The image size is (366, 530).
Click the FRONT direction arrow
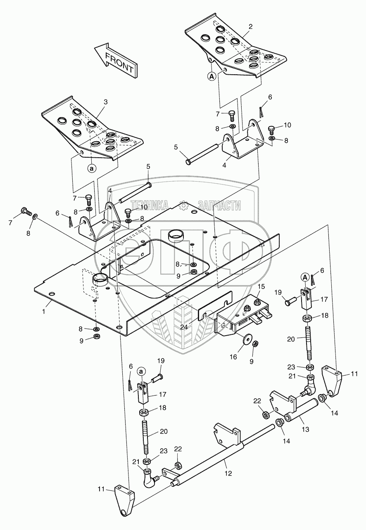pyautogui.click(x=115, y=61)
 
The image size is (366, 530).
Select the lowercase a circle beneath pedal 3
pyautogui.click(x=92, y=168)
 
